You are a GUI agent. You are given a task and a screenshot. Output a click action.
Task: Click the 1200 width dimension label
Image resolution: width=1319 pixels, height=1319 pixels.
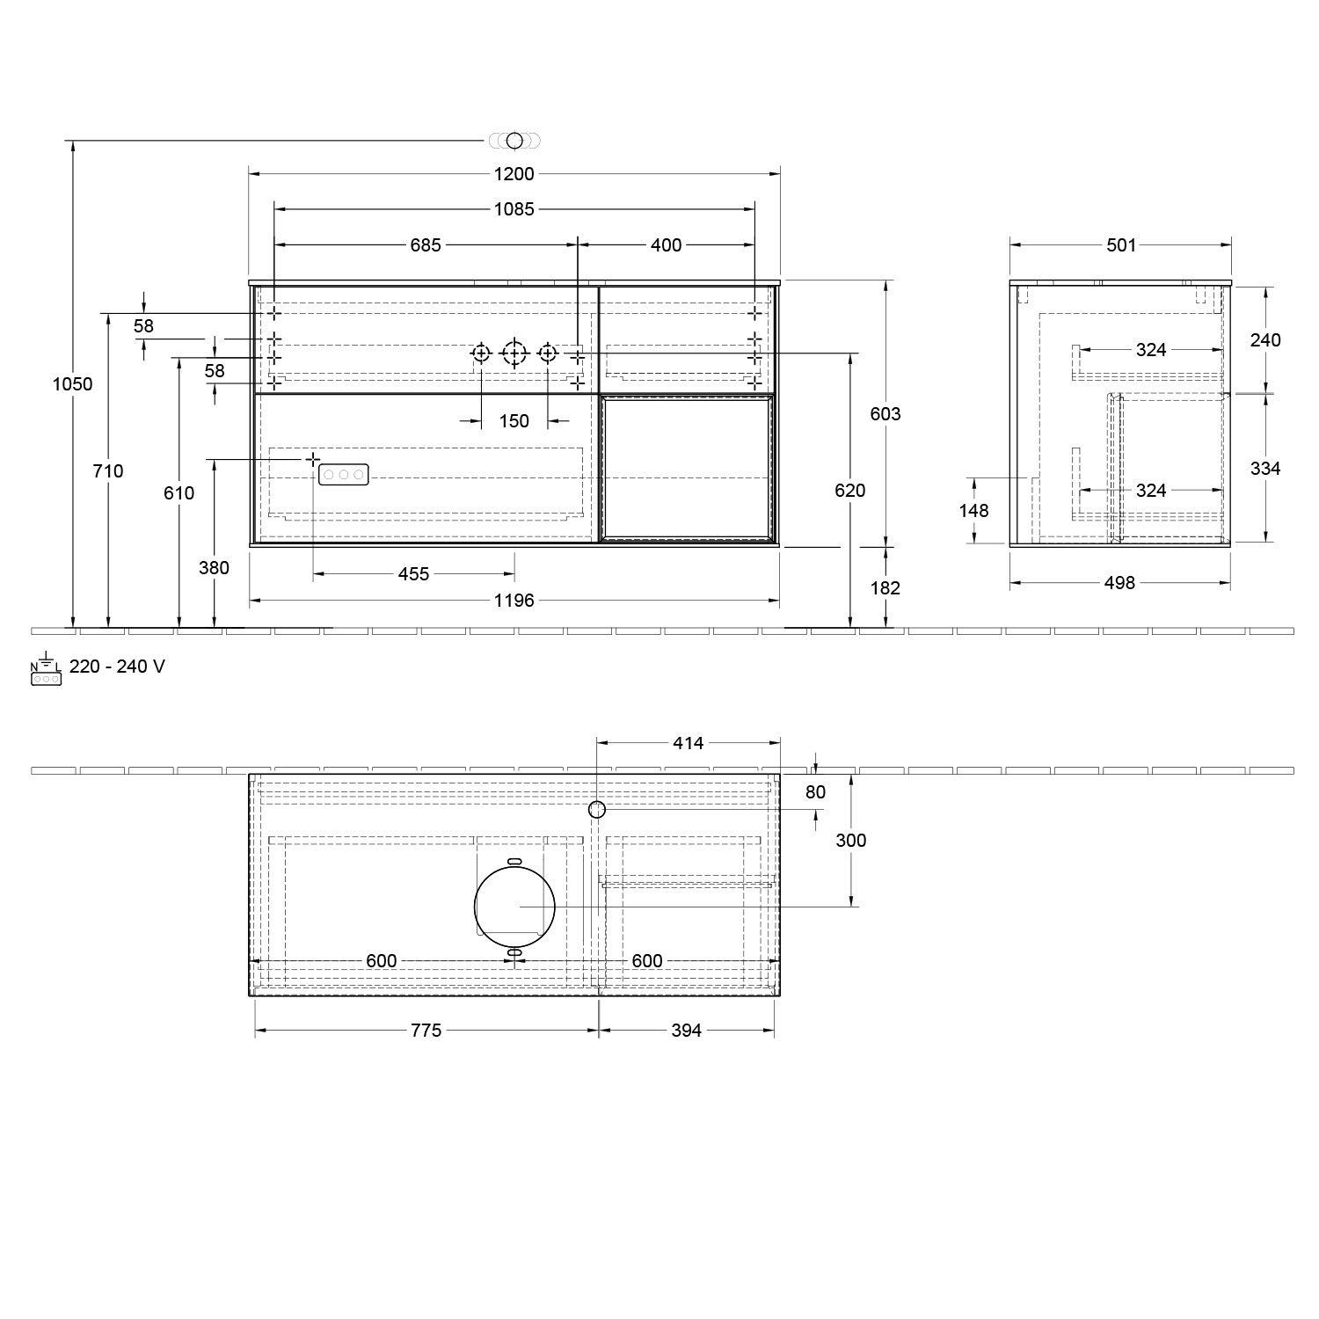click(x=514, y=174)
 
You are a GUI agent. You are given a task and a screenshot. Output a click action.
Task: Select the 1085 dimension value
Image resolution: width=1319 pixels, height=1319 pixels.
click(x=514, y=209)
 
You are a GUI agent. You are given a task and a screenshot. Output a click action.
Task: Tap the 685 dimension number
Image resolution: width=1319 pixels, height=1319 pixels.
click(x=426, y=245)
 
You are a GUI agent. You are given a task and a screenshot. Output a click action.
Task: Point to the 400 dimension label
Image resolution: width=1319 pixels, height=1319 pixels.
click(x=666, y=245)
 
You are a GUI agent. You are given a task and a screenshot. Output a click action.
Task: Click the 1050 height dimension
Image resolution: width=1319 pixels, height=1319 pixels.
click(x=72, y=384)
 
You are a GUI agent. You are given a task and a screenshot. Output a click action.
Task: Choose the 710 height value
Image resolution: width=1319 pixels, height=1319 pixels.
click(x=108, y=471)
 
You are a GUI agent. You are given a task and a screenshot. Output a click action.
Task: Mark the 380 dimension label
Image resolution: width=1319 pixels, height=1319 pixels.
click(x=214, y=568)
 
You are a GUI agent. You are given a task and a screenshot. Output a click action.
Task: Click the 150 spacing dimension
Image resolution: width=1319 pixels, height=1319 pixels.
click(x=514, y=421)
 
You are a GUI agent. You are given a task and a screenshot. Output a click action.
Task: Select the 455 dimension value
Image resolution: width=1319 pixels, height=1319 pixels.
click(x=413, y=574)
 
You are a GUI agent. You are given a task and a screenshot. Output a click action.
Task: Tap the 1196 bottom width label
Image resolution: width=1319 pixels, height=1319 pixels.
click(x=514, y=601)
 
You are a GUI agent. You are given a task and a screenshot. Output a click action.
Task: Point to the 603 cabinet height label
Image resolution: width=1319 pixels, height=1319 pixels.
click(x=885, y=414)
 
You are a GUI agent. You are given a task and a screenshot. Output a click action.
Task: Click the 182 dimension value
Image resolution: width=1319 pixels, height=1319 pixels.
click(x=885, y=588)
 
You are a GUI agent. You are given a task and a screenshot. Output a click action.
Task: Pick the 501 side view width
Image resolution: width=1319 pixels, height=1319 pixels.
click(x=1121, y=245)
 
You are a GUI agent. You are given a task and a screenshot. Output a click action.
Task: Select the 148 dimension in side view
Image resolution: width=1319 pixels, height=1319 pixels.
click(x=973, y=511)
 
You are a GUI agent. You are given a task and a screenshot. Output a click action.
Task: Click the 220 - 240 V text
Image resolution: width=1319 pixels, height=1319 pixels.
click(x=117, y=667)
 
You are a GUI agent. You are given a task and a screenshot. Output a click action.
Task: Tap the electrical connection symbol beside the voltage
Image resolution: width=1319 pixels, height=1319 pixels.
click(x=46, y=673)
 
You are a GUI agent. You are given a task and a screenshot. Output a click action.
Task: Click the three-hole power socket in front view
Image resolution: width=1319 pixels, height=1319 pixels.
click(x=343, y=475)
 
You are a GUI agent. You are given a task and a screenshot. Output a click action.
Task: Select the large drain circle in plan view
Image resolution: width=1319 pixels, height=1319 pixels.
click(x=514, y=906)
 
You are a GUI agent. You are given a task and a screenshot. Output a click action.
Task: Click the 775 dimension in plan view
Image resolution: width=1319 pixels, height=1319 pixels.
click(x=426, y=1031)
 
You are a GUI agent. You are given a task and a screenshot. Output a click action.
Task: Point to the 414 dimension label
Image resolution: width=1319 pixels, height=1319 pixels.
click(x=688, y=743)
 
